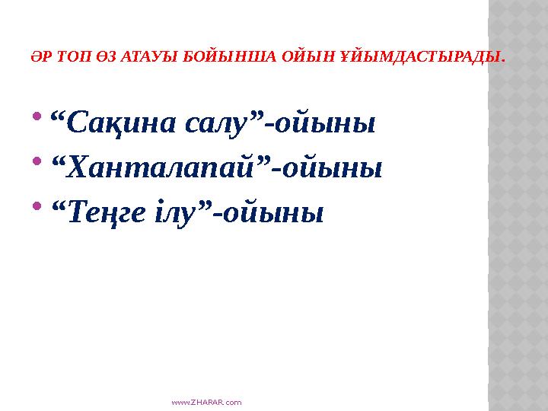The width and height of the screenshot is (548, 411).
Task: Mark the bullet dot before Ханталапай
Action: click(x=38, y=163)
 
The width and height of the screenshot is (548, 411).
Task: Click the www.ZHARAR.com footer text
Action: click(x=208, y=401)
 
